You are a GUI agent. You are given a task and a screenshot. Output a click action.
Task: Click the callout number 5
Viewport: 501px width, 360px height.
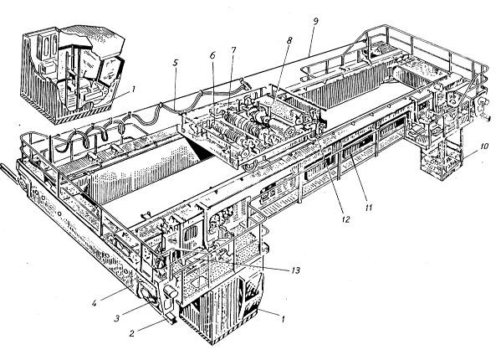[x=175, y=63]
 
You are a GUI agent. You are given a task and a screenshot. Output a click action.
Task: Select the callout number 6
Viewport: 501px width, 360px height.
[x=212, y=55]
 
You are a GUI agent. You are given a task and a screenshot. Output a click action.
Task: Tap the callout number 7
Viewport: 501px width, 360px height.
[x=233, y=50]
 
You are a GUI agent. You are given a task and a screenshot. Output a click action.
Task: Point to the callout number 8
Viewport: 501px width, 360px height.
[x=289, y=40]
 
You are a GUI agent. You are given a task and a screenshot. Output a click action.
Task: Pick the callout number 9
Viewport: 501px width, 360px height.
[x=315, y=22]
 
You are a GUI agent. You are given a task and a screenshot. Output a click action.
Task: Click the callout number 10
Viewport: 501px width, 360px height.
[x=484, y=147]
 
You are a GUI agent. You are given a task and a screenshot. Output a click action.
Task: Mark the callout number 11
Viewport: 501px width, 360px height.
[x=369, y=208]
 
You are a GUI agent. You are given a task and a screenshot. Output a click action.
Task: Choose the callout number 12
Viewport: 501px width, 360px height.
[x=345, y=219]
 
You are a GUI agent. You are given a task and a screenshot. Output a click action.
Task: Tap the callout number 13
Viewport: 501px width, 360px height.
[x=296, y=270]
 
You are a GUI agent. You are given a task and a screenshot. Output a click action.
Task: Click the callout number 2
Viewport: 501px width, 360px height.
[x=131, y=333]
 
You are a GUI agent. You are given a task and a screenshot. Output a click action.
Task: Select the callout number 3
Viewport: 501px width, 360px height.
[x=117, y=318]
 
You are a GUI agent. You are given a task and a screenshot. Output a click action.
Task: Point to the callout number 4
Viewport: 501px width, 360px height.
[x=95, y=302]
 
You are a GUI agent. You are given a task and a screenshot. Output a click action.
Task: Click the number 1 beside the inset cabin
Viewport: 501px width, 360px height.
[x=133, y=90]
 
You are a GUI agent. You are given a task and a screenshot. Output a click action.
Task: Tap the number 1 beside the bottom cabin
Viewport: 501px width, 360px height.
[x=282, y=318]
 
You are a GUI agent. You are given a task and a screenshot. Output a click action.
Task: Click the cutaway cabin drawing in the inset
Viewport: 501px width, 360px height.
[x=73, y=75]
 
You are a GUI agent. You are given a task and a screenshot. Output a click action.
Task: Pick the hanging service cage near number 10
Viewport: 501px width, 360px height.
[x=442, y=160]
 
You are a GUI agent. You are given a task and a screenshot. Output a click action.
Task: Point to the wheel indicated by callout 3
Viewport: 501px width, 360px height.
[x=146, y=295]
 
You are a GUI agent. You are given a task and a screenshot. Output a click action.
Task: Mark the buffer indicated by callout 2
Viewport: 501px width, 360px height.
[x=171, y=318]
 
